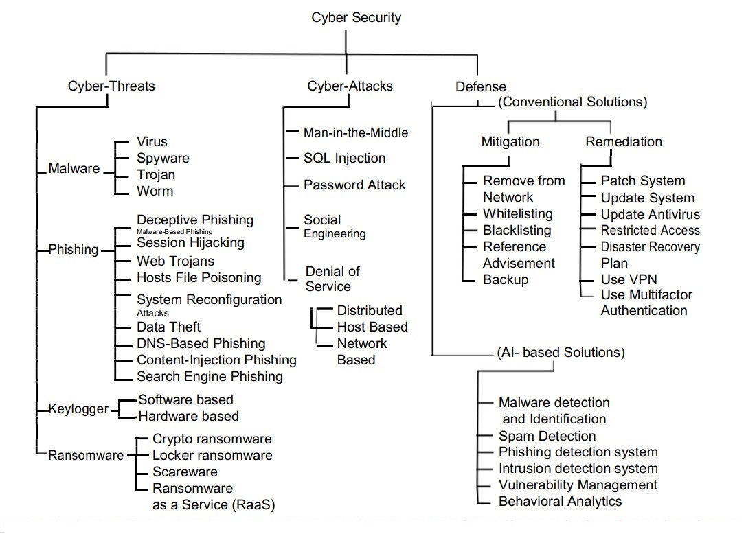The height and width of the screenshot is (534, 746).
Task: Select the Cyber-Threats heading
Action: click(x=111, y=86)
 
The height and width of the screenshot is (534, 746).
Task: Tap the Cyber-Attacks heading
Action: click(x=350, y=86)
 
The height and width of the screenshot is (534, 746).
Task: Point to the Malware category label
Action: click(x=74, y=169)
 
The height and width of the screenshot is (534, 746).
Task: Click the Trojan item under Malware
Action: click(x=156, y=174)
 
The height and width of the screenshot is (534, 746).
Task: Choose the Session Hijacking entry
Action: click(x=190, y=242)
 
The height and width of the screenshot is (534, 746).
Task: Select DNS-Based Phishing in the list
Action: click(x=201, y=343)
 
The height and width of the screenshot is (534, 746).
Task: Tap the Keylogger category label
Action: click(x=78, y=409)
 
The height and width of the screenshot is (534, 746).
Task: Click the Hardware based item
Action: click(x=188, y=416)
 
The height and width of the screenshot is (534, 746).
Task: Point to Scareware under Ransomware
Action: click(x=185, y=472)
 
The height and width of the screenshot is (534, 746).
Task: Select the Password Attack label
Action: click(x=354, y=185)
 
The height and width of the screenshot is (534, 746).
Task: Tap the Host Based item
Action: click(x=372, y=327)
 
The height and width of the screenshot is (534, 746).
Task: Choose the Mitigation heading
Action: click(x=510, y=142)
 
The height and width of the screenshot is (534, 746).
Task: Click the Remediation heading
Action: click(x=624, y=142)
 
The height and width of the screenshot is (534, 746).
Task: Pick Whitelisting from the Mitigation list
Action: click(x=517, y=213)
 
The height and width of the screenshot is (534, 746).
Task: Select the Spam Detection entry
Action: click(x=547, y=436)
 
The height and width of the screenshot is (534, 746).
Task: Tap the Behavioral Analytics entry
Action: click(x=560, y=501)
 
